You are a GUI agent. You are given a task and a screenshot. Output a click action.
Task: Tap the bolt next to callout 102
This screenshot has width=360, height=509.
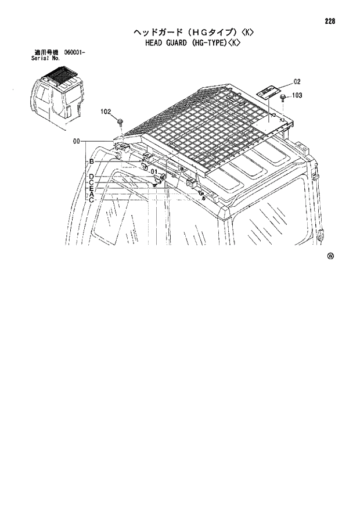tap(120, 121)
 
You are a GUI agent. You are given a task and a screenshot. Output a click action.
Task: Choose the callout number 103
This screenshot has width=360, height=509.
tap(297, 95)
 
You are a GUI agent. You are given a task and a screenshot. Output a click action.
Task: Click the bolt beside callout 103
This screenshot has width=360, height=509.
tap(282, 97)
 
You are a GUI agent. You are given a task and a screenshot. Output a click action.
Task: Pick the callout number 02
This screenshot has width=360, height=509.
tap(296, 81)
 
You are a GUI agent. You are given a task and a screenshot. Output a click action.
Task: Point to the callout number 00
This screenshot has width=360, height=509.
tap(77, 141)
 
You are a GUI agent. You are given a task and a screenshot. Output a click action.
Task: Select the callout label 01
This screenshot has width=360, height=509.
tap(153, 171)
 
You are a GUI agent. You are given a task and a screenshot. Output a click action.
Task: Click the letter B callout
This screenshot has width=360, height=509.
tap(91, 162)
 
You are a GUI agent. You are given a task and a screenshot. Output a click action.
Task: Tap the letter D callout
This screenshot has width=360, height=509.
tap(91, 176)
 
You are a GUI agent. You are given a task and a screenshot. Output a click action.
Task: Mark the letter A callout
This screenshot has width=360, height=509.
tap(91, 194)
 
